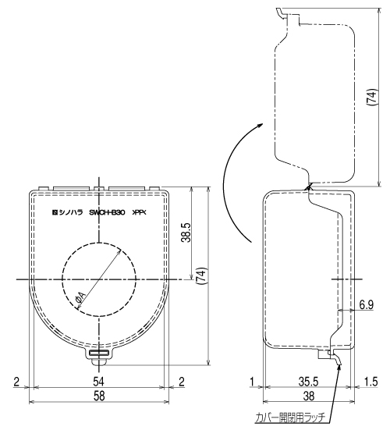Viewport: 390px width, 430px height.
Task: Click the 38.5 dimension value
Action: [186, 232]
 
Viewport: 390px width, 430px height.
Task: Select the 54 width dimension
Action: [98, 382]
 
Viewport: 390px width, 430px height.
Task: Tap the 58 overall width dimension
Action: [99, 396]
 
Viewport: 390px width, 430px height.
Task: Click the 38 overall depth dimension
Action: [309, 396]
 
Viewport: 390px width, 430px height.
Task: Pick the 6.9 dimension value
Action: [366, 304]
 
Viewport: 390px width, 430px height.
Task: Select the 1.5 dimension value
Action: [371, 382]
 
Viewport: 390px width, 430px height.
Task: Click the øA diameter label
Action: [81, 298]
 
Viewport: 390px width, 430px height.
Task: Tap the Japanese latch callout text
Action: [289, 418]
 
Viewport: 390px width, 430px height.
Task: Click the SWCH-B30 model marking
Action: [107, 212]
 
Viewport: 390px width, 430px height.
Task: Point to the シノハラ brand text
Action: [71, 212]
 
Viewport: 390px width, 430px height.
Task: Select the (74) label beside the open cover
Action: [371, 97]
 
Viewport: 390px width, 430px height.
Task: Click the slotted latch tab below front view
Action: [99, 353]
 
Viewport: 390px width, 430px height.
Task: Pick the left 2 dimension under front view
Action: [16, 382]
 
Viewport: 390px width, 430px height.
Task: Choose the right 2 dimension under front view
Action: [182, 382]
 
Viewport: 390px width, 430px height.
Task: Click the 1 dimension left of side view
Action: [252, 382]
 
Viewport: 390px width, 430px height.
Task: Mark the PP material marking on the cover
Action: [140, 212]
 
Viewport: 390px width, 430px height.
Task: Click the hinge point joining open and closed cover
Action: [308, 187]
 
